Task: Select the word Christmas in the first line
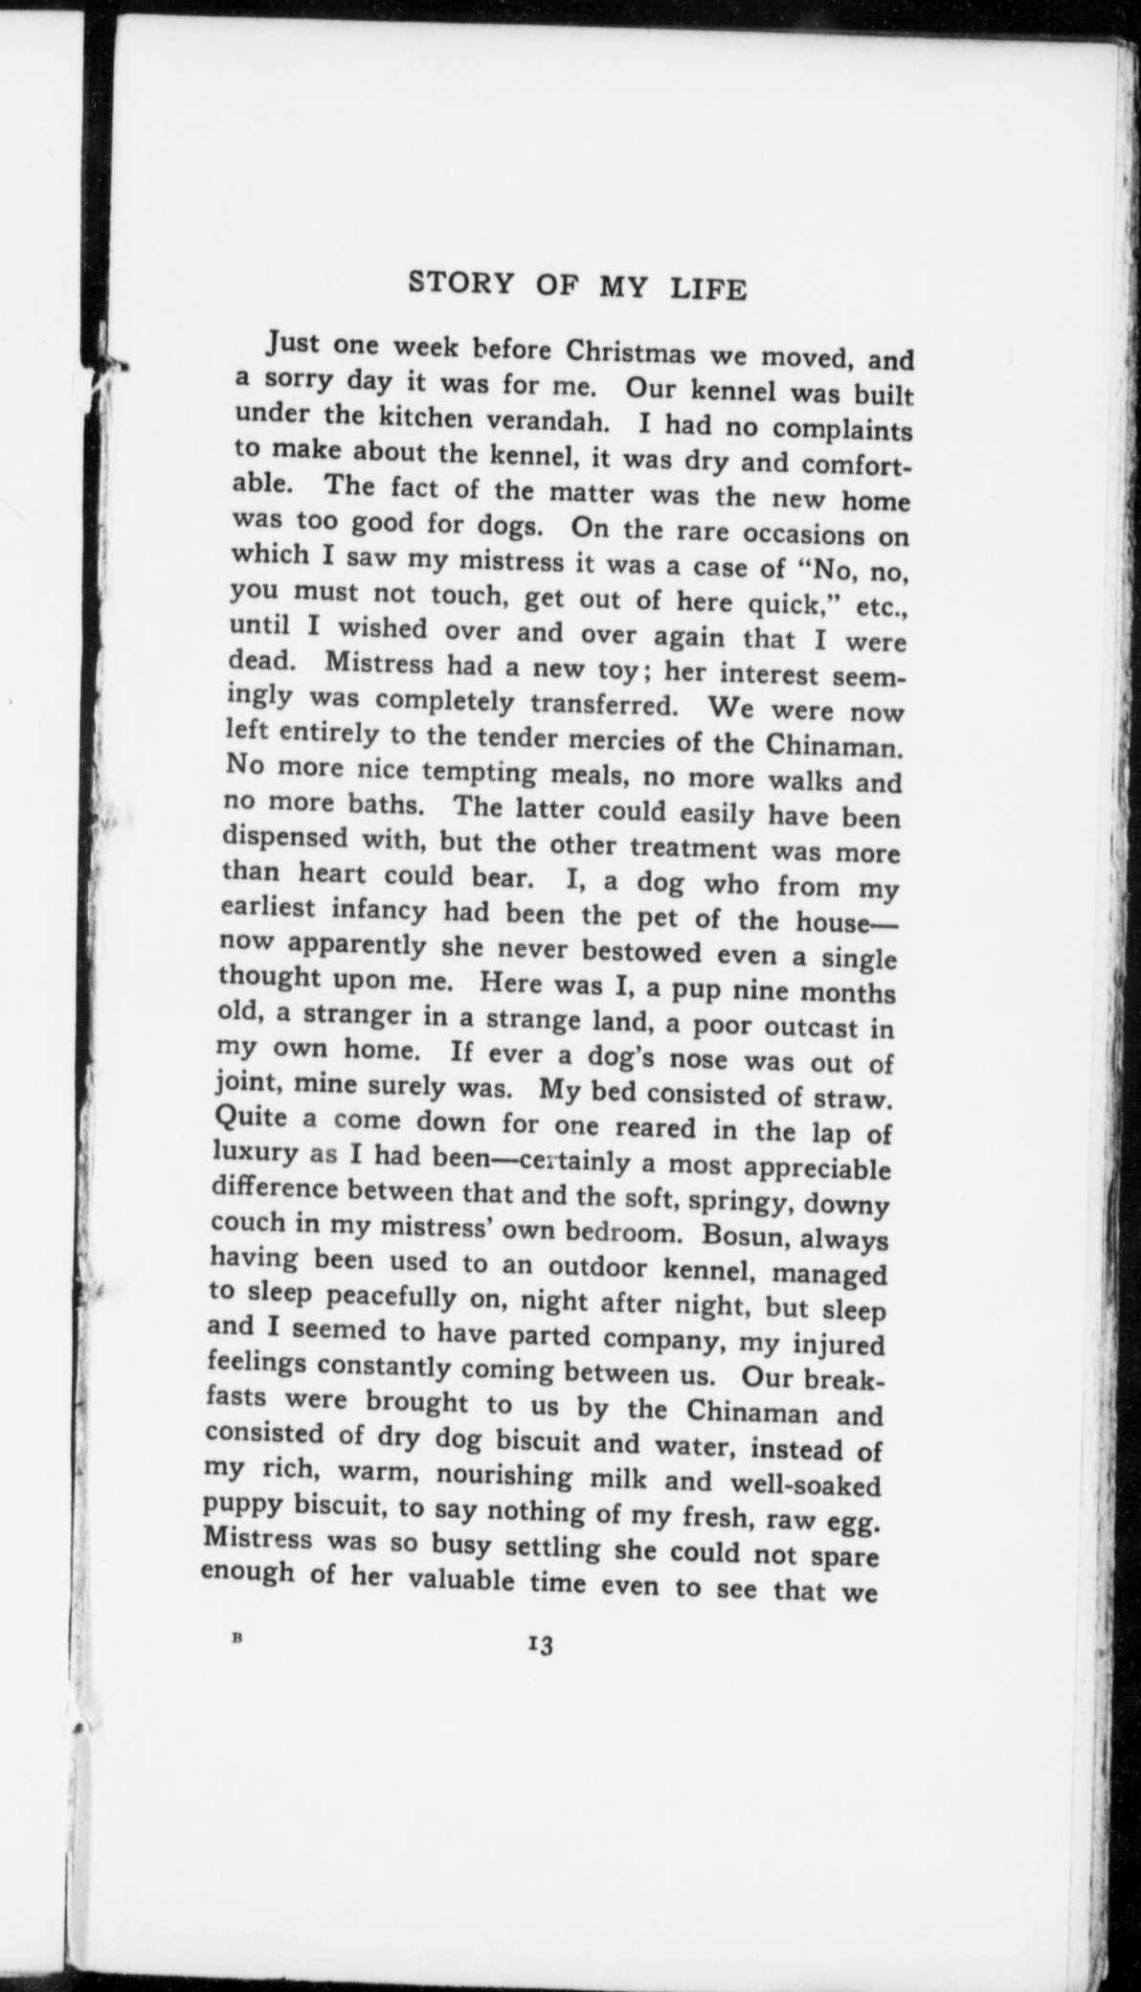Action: click(628, 352)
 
